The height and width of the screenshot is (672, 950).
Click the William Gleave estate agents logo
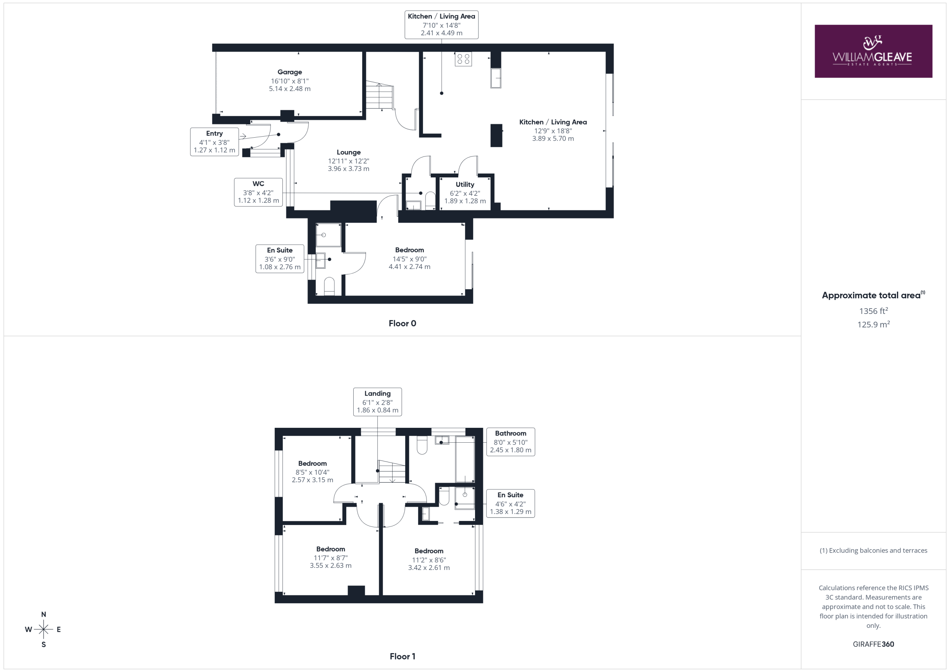[x=873, y=51]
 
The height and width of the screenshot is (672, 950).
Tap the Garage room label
[x=289, y=72]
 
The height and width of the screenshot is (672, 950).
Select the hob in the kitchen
[x=463, y=59]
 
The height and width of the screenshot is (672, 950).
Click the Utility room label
[x=465, y=184]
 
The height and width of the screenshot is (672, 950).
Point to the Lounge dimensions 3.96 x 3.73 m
[x=348, y=169]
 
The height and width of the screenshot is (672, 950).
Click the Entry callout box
[x=214, y=142]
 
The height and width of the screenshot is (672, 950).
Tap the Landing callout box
[x=377, y=402]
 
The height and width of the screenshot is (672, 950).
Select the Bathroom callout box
[x=511, y=442]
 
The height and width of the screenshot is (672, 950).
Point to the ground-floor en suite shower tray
[x=328, y=235]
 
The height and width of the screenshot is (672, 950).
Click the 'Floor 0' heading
[x=402, y=324]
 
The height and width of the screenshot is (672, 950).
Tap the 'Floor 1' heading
[x=402, y=656]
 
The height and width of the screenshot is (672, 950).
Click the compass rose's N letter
[x=43, y=614]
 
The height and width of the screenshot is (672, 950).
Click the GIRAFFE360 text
[x=874, y=644]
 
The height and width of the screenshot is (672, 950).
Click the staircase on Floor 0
[x=379, y=96]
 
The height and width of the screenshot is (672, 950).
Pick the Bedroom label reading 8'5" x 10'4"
[x=312, y=472]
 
